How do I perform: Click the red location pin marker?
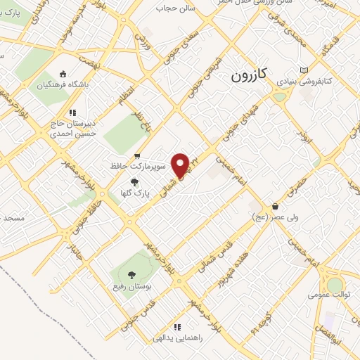[x=182, y=165]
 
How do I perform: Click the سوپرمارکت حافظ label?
[x=138, y=167]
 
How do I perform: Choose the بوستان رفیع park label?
[x=131, y=288]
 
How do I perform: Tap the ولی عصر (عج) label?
[x=298, y=217]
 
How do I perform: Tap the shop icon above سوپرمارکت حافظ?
[x=137, y=156]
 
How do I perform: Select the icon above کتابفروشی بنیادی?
[x=304, y=70]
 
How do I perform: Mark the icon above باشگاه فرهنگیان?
[x=63, y=74]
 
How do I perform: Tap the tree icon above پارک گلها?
[x=124, y=182]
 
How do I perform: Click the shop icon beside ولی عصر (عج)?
[x=274, y=207]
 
